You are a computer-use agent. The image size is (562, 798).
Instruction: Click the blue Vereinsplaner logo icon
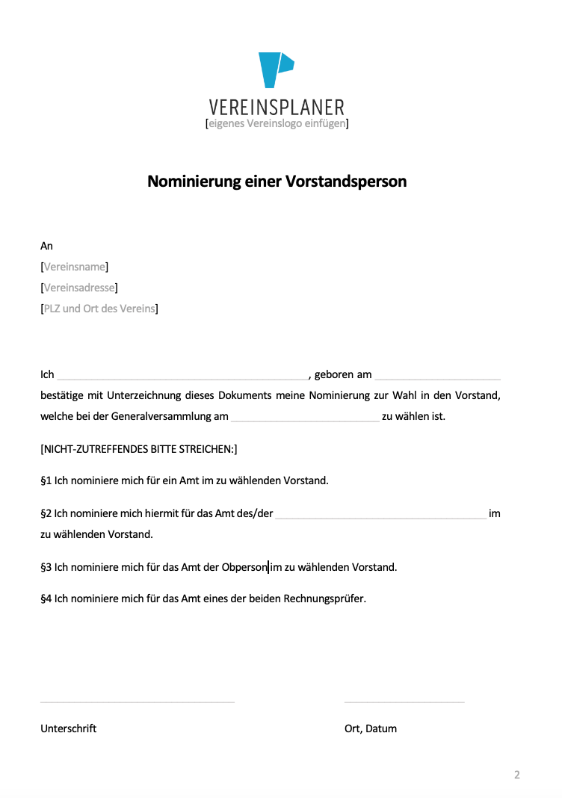[x=275, y=69]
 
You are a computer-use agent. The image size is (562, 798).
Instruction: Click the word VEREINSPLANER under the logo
[x=277, y=108]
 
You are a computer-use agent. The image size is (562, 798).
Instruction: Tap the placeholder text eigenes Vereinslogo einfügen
[x=277, y=123]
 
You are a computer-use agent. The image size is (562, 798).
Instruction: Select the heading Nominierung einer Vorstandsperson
[x=277, y=182]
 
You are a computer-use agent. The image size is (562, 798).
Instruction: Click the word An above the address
[x=46, y=246]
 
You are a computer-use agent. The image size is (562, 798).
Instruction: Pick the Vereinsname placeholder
[x=75, y=267]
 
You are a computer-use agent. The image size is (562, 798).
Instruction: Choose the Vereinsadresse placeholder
[x=79, y=288]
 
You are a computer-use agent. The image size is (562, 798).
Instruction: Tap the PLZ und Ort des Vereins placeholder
[x=99, y=309]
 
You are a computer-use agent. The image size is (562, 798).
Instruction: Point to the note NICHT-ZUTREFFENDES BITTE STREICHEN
[x=138, y=449]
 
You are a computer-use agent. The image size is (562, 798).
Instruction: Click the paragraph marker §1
[x=46, y=480]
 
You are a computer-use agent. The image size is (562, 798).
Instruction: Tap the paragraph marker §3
[x=46, y=567]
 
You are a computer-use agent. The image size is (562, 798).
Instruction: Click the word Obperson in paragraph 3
[x=244, y=567]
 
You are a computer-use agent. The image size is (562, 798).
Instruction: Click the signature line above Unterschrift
[x=138, y=701]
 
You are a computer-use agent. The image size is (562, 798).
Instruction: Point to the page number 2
[x=516, y=775]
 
